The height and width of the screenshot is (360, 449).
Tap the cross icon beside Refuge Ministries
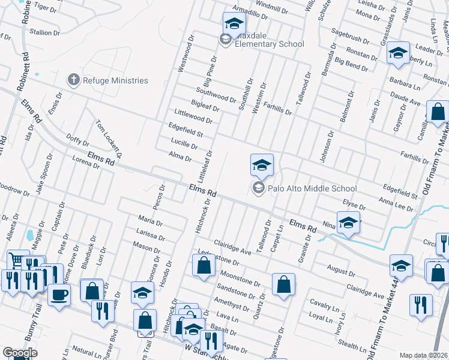point(73,79)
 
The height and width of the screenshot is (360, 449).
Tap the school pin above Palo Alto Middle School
point(262,165)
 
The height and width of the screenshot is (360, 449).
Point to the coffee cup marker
point(59,295)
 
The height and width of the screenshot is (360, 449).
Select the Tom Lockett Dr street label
point(109,137)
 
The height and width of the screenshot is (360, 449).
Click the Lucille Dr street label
point(184,145)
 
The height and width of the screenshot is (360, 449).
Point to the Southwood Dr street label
point(216,96)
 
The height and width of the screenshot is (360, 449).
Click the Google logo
point(20,353)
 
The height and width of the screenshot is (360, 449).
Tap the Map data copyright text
point(424,355)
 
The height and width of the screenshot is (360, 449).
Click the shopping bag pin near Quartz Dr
point(283,285)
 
